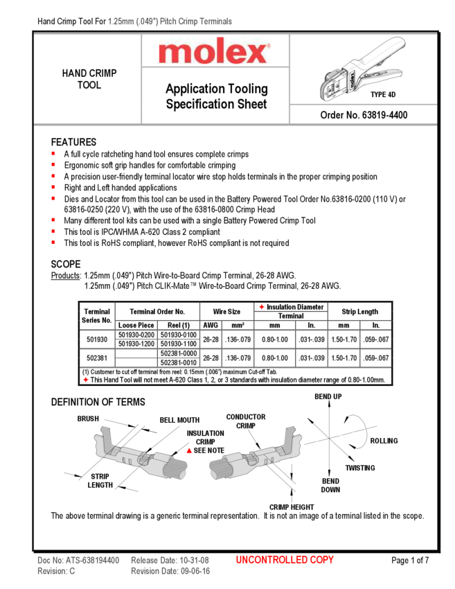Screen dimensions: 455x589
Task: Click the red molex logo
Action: click(214, 51)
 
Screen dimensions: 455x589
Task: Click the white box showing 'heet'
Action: click(255, 105)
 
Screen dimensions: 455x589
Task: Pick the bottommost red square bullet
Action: click(53, 242)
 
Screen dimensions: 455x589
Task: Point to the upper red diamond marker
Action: click(262, 307)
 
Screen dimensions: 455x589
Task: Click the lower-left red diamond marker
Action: click(86, 380)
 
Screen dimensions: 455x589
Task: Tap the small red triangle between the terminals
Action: click(189, 450)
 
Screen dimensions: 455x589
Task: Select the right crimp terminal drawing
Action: click(256, 457)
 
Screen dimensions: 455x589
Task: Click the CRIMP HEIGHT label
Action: click(292, 507)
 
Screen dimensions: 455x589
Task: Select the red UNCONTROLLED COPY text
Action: click(285, 560)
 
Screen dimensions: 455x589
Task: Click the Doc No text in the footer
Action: click(78, 560)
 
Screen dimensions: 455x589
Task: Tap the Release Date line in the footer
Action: click(170, 560)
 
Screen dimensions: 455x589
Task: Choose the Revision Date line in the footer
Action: click(170, 571)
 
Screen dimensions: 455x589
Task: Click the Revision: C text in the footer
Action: click(56, 571)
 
